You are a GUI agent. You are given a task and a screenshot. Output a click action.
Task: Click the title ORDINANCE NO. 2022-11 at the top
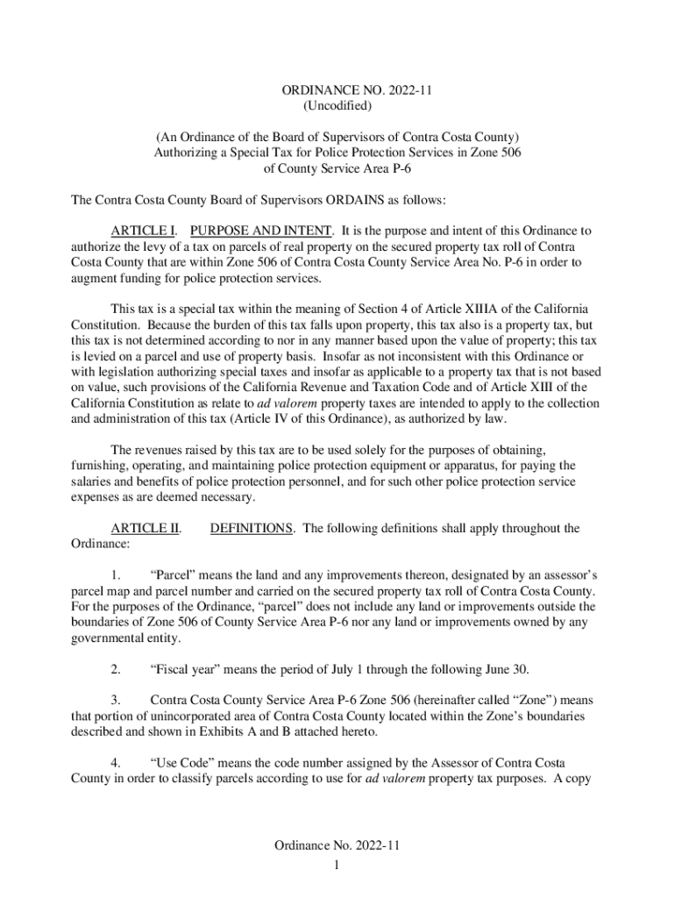click(337, 90)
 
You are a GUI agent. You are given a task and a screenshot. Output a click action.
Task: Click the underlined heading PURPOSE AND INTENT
click(261, 231)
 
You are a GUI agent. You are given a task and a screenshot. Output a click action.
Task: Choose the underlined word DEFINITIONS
click(252, 528)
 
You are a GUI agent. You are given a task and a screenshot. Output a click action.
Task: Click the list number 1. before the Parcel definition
click(116, 575)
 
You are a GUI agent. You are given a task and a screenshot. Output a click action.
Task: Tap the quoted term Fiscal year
click(191, 670)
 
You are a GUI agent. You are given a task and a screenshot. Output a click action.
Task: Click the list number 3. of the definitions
click(116, 701)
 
